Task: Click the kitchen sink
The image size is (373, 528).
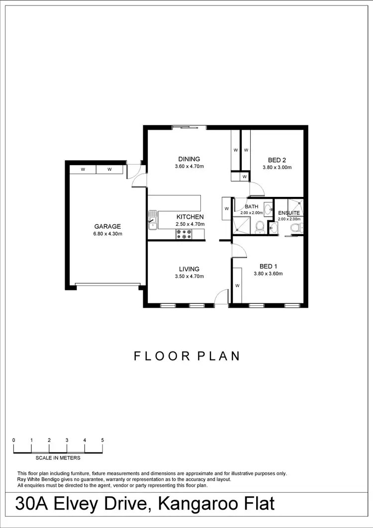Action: pos(152,220)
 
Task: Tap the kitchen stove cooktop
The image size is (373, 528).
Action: pos(184,234)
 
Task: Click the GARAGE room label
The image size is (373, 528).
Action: pos(107,227)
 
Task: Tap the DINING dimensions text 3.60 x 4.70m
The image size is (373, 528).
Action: pos(189,167)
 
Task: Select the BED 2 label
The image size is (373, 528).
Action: pos(277,160)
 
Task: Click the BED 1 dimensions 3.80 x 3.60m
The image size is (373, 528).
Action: pos(268,273)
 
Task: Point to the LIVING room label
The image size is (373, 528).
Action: pos(189,269)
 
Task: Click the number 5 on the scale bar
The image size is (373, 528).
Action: pos(102,440)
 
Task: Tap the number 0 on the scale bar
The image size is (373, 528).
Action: pos(14,440)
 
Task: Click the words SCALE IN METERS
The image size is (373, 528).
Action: pos(58,458)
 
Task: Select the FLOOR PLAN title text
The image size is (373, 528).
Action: pos(187,356)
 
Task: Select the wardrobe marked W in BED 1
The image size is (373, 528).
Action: pos(237,285)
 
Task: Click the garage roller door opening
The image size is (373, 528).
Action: pos(107,285)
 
